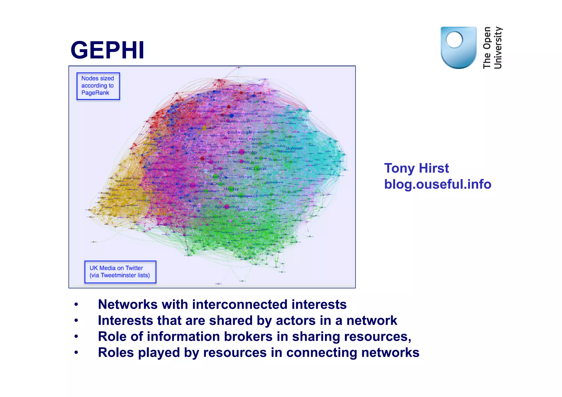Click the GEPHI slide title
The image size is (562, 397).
pyautogui.click(x=107, y=50)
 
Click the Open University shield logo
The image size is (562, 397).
pyautogui.click(x=458, y=47)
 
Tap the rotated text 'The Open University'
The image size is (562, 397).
pyautogui.click(x=492, y=48)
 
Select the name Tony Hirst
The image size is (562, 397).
pyautogui.click(x=416, y=168)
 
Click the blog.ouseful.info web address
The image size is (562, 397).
pyautogui.click(x=437, y=184)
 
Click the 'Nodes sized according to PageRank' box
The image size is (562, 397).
pyautogui.click(x=98, y=86)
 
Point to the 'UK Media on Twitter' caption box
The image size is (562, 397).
pyautogui.click(x=120, y=272)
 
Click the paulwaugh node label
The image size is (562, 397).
pyautogui.click(x=239, y=132)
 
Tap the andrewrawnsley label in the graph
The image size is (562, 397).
pyautogui.click(x=241, y=152)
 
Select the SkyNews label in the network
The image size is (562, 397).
pyautogui.click(x=293, y=148)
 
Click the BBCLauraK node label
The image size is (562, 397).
pyautogui.click(x=256, y=169)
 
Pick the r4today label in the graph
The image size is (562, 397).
pyautogui.click(x=231, y=189)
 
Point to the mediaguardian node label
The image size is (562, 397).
pyautogui.click(x=227, y=207)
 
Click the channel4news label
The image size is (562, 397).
pyautogui.click(x=246, y=210)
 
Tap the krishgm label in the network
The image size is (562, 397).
pyautogui.click(x=245, y=177)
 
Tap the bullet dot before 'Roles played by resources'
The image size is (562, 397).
pyautogui.click(x=76, y=353)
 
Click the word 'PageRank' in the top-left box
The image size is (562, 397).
pyautogui.click(x=95, y=93)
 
